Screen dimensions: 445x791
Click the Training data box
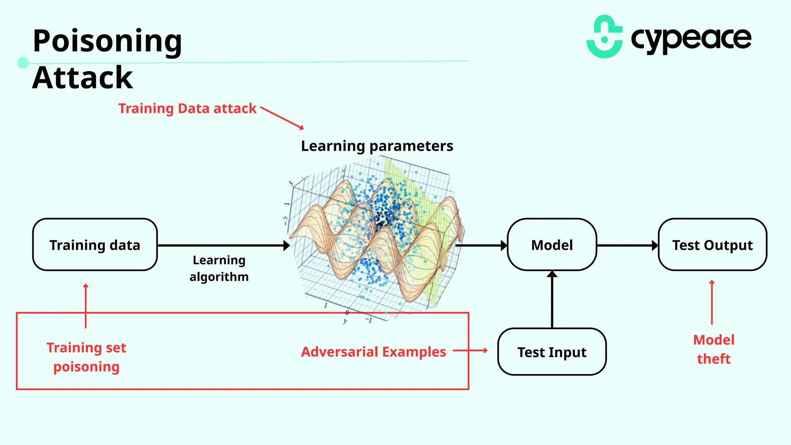[95, 245]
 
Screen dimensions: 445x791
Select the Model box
[552, 245]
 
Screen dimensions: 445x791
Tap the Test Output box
[712, 245]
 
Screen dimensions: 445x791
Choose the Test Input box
[552, 352]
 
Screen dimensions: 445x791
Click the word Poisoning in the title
[107, 41]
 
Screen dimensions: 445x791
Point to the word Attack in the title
[83, 78]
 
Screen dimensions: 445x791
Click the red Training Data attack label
[187, 109]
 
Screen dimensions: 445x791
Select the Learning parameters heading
[377, 146]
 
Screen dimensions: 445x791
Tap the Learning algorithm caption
[219, 268]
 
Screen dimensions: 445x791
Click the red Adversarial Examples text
[373, 352]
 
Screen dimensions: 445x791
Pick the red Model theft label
[713, 349]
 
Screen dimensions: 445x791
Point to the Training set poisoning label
[87, 357]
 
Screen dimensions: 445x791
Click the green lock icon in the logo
[604, 37]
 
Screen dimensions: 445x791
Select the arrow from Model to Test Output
[627, 245]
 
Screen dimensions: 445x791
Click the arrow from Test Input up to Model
[552, 299]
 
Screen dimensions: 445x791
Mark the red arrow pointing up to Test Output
[712, 302]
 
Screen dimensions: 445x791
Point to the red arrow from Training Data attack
[282, 118]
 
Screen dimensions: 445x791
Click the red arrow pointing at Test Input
[470, 351]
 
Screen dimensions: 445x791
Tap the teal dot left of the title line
[23, 63]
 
